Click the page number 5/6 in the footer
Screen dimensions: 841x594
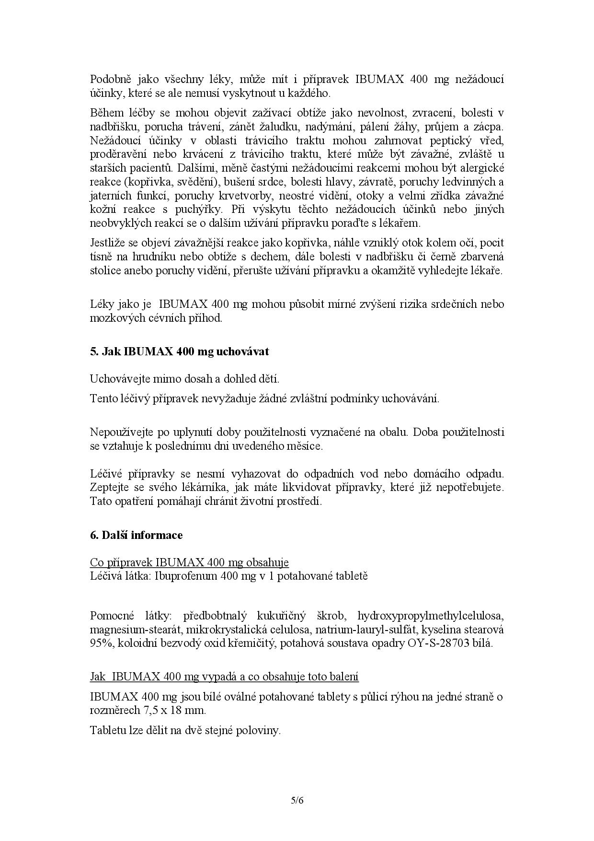[297, 800]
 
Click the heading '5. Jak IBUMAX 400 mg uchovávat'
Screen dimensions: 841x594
[180, 351]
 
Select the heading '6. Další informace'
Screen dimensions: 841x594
[136, 535]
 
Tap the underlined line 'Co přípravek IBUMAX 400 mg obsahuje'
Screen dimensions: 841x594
[189, 562]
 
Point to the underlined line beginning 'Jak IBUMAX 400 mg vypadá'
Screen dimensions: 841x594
[224, 677]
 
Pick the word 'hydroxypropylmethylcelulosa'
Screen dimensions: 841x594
[431, 616]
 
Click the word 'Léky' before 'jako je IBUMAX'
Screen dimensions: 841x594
[101, 304]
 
